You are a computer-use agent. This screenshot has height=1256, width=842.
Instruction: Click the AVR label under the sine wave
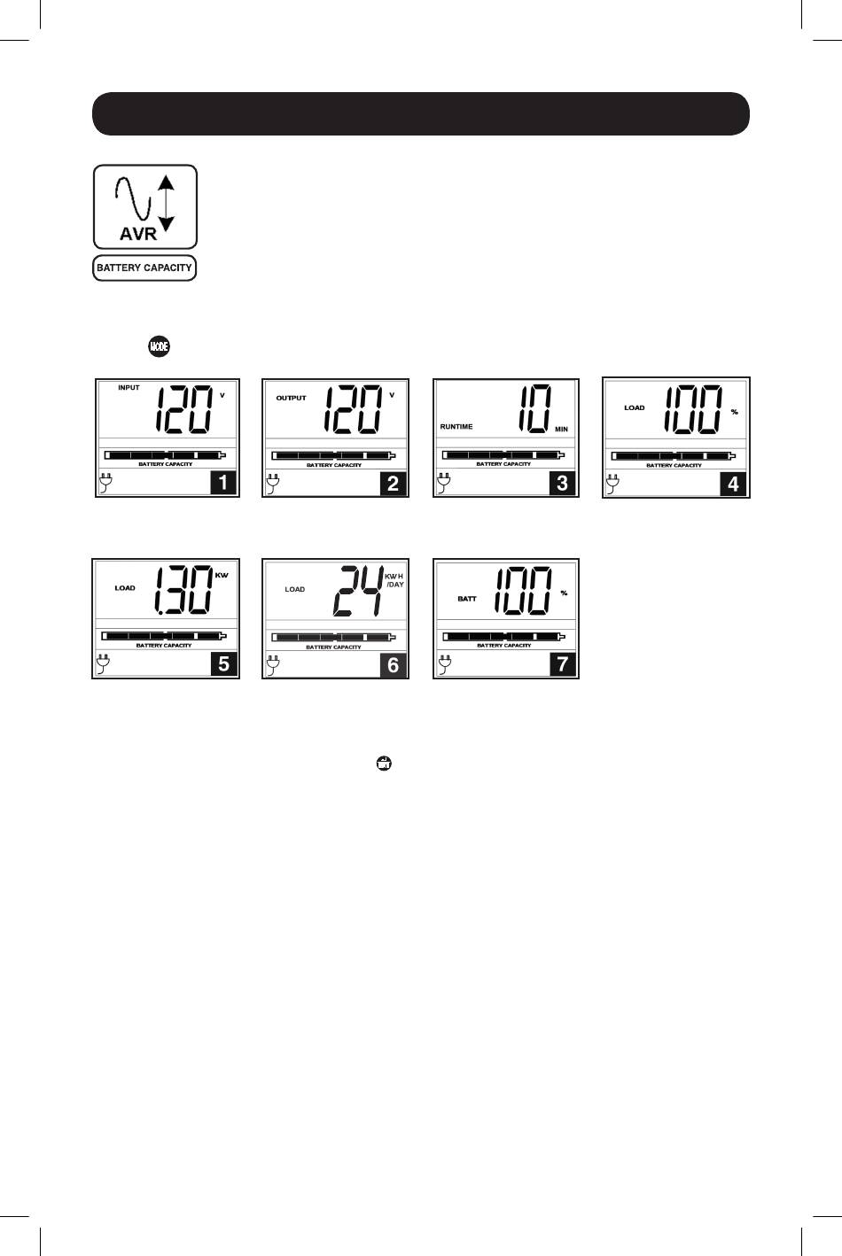(x=137, y=234)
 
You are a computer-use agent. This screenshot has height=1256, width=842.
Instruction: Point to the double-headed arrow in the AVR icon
(x=167, y=203)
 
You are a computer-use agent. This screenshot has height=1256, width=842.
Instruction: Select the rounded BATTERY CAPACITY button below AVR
(x=144, y=267)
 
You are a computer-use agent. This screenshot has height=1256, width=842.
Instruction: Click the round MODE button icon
(x=160, y=345)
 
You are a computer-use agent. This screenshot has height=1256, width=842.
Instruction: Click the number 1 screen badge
(x=224, y=483)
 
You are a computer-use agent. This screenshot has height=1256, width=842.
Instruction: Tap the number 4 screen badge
(x=733, y=484)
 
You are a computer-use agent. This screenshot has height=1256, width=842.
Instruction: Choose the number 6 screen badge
(x=394, y=665)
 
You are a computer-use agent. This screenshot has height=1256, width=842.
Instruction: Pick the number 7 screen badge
(x=563, y=664)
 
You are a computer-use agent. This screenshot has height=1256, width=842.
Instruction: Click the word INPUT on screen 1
(x=129, y=388)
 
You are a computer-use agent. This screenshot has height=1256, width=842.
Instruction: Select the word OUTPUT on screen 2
(x=291, y=398)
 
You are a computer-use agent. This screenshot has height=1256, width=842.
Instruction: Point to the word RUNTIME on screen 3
(x=456, y=427)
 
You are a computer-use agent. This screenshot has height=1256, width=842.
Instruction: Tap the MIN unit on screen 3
(x=561, y=429)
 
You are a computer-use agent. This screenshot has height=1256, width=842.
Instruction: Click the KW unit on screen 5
(x=222, y=575)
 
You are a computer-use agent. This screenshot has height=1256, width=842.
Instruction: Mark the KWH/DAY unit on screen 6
(x=394, y=580)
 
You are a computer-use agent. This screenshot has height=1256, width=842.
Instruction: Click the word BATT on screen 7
(x=467, y=599)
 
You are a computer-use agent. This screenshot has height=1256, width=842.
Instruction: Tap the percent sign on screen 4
(x=734, y=412)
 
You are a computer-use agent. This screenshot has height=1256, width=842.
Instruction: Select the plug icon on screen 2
(x=272, y=484)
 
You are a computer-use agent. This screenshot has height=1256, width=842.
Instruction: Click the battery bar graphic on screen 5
(x=164, y=635)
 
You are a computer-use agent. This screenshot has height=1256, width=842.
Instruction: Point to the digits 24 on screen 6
(x=357, y=591)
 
